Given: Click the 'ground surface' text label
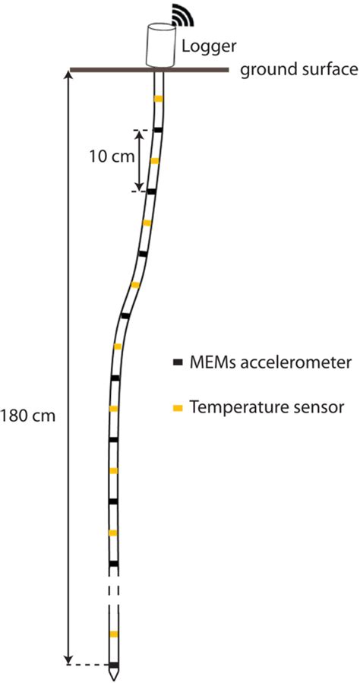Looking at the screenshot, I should pyautogui.click(x=298, y=71).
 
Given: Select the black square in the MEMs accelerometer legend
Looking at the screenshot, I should pyautogui.click(x=178, y=362).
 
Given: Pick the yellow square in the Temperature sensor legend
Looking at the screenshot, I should pyautogui.click(x=178, y=408).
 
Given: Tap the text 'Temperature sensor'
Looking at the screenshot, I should pyautogui.click(x=268, y=408).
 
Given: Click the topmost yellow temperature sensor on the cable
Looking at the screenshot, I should pyautogui.click(x=159, y=99).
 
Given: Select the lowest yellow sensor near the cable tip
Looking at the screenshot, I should pyautogui.click(x=113, y=634).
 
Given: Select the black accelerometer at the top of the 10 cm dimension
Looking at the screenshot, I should pyautogui.click(x=157, y=130).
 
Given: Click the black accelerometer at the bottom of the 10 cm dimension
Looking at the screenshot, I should pyautogui.click(x=151, y=191).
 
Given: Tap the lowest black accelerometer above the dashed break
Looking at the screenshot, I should pyautogui.click(x=113, y=564).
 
